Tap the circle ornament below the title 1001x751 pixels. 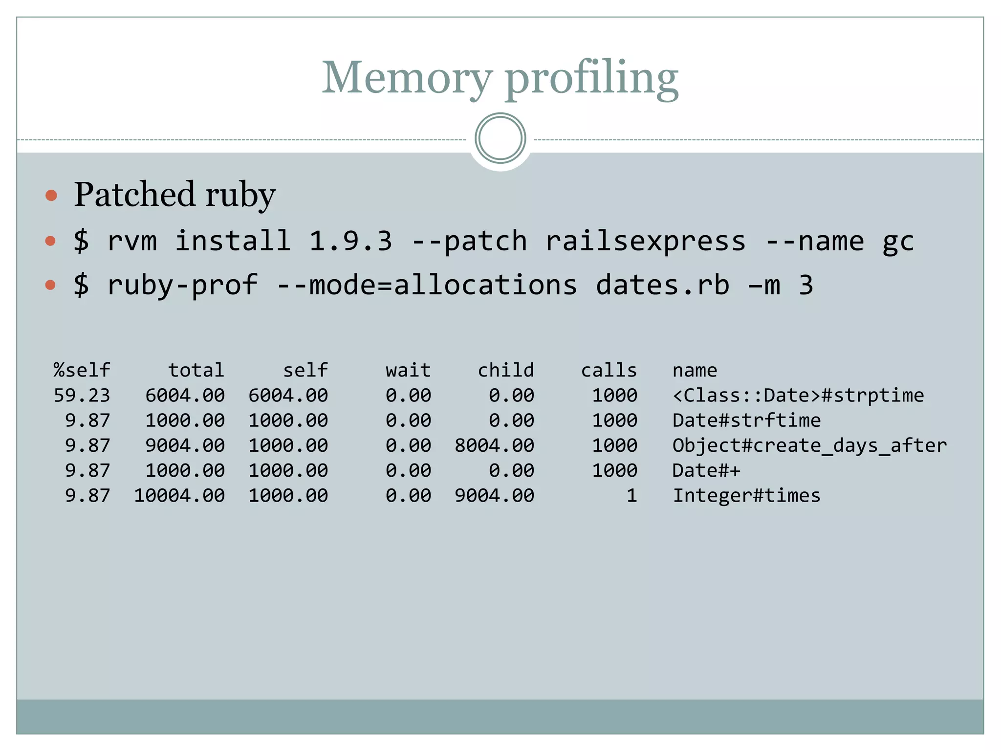(x=500, y=138)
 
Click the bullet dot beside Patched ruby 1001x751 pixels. (x=51, y=196)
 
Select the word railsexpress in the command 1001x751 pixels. (x=645, y=241)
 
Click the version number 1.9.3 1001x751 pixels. (x=350, y=241)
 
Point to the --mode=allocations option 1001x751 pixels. (x=426, y=285)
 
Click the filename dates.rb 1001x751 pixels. (x=662, y=285)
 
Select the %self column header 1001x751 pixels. (x=82, y=370)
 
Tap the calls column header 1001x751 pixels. (x=609, y=370)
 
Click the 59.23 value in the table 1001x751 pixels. (x=82, y=395)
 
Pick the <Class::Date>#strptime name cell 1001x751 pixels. (x=798, y=395)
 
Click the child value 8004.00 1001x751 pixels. (x=494, y=445)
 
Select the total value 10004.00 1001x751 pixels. (x=179, y=496)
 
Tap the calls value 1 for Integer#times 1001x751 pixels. (x=631, y=496)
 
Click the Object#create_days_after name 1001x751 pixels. (x=809, y=445)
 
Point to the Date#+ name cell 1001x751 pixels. (x=706, y=470)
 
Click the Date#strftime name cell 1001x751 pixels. (x=746, y=420)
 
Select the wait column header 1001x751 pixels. (x=408, y=370)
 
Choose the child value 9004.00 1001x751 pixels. (x=494, y=496)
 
